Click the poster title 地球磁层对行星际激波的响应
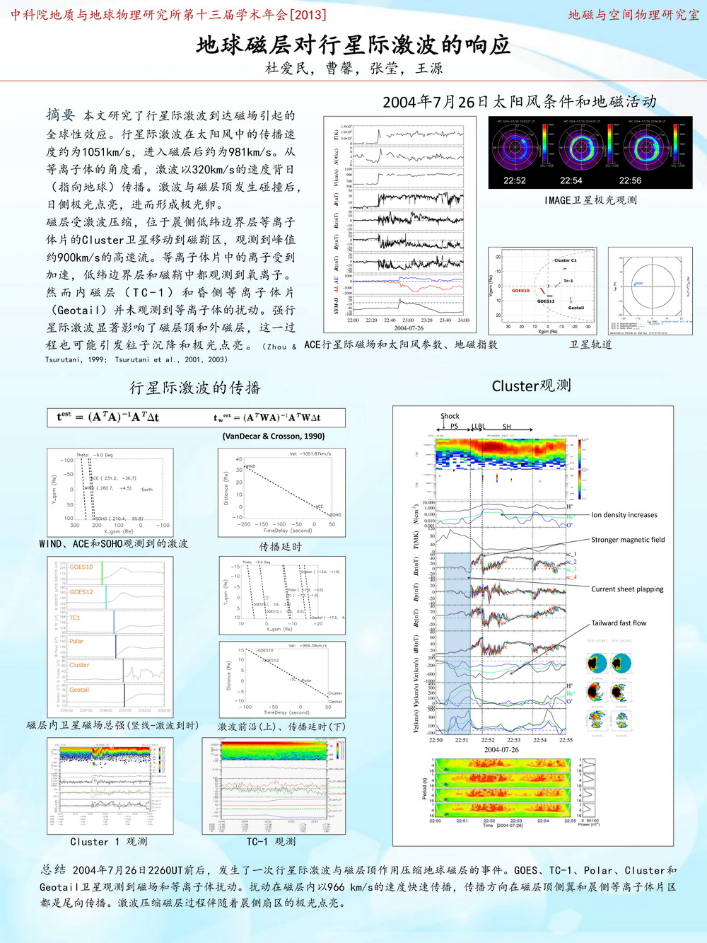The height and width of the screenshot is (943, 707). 353,45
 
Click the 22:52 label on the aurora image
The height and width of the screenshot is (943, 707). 515,180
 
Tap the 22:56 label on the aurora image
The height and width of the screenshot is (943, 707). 630,180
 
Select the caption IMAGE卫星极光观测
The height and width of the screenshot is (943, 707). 590,200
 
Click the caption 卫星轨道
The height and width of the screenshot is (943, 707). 590,345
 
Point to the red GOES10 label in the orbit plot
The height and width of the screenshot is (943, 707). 520,291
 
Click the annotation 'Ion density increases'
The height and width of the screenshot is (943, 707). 624,515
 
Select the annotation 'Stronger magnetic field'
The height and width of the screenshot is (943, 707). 628,540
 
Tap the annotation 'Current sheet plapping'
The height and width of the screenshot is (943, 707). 627,589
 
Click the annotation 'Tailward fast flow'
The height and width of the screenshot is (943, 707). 619,623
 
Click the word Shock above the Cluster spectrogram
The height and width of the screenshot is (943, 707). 450,416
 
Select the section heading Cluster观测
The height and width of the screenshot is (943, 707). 531,386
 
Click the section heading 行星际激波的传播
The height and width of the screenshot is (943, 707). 195,388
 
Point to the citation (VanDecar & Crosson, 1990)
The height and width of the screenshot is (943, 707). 273,436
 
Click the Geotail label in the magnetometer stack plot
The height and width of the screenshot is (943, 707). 79,690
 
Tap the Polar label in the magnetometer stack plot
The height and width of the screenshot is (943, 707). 76,641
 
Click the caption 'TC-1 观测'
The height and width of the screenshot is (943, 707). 271,842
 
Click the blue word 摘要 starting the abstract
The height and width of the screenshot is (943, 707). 60,115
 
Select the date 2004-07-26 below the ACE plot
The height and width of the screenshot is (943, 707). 409,328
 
